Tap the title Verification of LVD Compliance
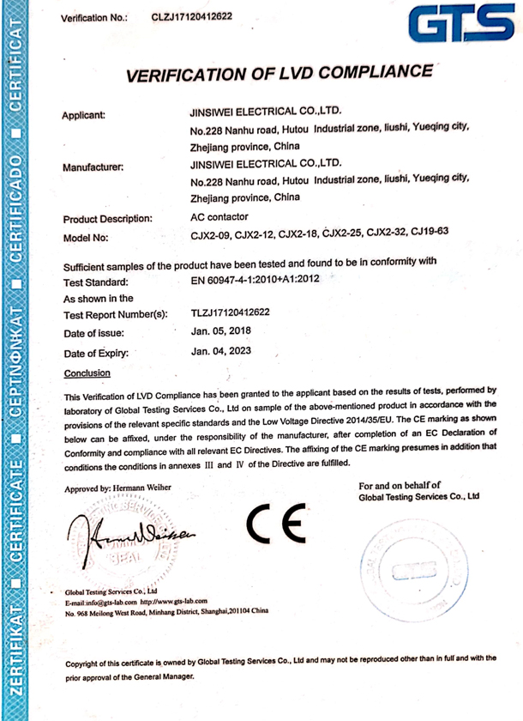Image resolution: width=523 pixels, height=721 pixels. click(280, 74)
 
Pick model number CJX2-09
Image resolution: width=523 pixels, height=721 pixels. click(211, 233)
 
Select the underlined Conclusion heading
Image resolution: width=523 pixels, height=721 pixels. click(87, 373)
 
